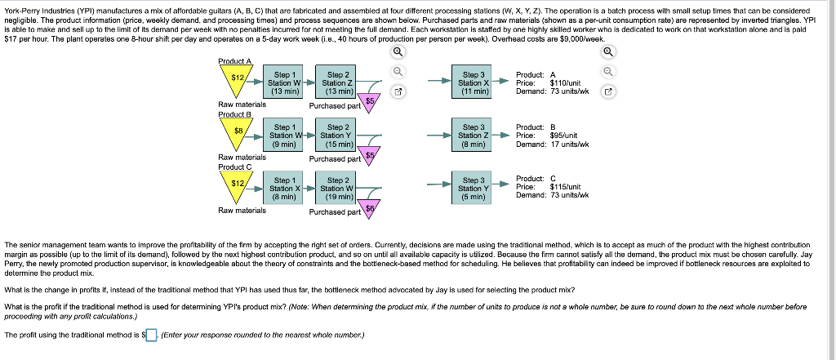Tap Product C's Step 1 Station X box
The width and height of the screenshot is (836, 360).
(x=285, y=189)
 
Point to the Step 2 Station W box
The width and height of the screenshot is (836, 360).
(x=337, y=189)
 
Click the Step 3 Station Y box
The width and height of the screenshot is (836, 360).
(x=474, y=189)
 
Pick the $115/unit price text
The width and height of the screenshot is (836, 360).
(x=565, y=187)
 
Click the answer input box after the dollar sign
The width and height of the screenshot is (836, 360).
(x=153, y=335)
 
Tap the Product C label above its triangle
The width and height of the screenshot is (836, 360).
(x=234, y=167)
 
